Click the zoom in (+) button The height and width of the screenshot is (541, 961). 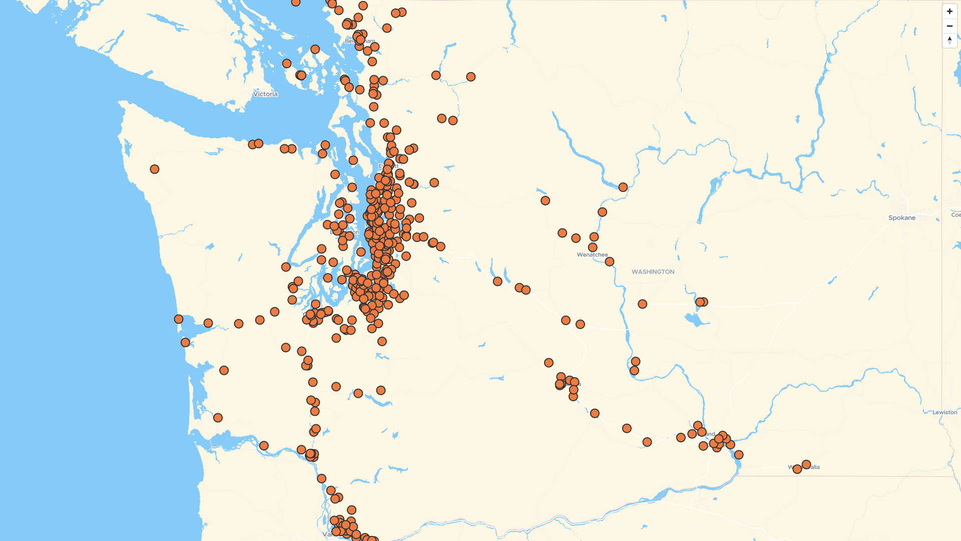tap(949, 12)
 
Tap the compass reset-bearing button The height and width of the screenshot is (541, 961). tap(949, 41)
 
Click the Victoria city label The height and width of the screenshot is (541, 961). tap(265, 94)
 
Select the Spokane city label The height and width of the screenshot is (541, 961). tap(901, 218)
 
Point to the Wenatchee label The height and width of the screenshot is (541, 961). tap(592, 255)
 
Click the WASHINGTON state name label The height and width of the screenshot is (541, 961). tap(653, 272)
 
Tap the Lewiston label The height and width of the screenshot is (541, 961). tap(944, 413)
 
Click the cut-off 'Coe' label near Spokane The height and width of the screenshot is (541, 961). tap(955, 215)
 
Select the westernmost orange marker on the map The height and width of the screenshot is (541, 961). tap(155, 169)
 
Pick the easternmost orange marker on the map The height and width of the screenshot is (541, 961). tap(806, 465)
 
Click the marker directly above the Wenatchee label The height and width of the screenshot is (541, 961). tap(593, 247)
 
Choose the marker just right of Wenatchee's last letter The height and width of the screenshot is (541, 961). tap(610, 261)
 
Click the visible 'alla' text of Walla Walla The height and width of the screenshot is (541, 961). tap(815, 467)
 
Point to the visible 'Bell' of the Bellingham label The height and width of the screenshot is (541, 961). tap(349, 41)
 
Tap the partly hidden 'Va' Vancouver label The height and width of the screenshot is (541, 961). tap(327, 534)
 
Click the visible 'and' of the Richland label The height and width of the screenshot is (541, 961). tap(711, 434)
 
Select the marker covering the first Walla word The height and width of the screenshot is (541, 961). tap(797, 469)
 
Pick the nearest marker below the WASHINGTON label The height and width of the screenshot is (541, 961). tap(643, 304)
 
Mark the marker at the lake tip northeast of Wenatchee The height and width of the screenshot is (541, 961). tap(623, 187)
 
